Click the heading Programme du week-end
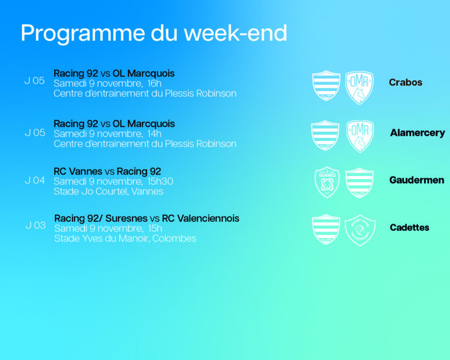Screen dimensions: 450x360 point(154,34)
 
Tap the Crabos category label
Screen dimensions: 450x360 point(406,83)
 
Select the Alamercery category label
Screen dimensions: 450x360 point(418,133)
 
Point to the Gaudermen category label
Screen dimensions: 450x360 point(417,180)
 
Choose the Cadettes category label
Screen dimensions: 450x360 point(409,227)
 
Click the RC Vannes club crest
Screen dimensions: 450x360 point(327,182)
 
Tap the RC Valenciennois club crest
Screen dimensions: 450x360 point(360,230)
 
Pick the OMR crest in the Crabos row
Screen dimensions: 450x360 point(359,87)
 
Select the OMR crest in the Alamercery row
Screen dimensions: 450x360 point(360,136)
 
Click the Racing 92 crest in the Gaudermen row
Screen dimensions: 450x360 point(359,182)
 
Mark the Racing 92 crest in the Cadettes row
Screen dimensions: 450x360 point(326,230)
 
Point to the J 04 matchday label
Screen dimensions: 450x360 point(35,180)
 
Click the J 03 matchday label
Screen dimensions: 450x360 point(35,225)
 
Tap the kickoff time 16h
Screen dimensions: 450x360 point(155,84)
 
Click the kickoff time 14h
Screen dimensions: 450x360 point(155,134)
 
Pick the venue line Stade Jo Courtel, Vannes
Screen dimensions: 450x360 point(109,191)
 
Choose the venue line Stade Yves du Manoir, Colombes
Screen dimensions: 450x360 point(125,238)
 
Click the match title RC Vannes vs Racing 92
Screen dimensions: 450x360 point(107,171)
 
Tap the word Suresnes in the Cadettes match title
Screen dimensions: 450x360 point(126,218)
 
